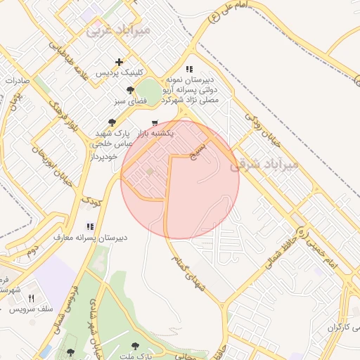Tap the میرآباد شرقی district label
pos(265,162)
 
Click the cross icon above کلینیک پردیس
pos(119,63)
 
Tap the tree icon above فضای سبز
pos(130,91)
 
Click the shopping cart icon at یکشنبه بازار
pos(155,122)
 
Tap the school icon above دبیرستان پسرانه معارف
pos(89,226)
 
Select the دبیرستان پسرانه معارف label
pos(91,238)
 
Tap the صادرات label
pos(15,80)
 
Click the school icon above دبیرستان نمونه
pos(188,69)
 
